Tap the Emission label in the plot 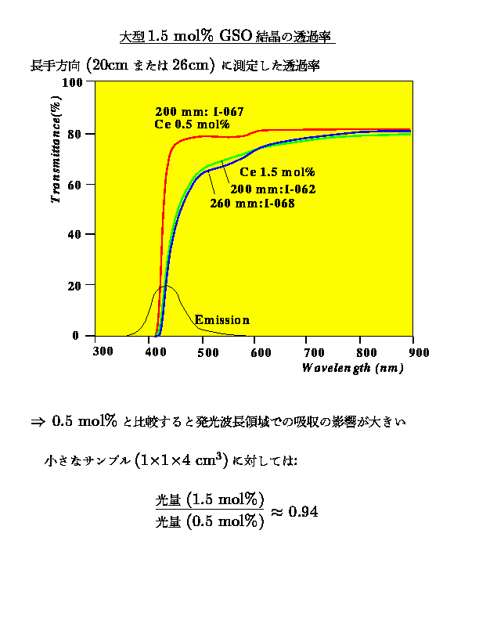221,320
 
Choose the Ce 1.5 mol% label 277,172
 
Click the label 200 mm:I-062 272,189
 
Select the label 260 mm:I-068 252,204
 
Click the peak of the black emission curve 164,286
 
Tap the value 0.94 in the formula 302,511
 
